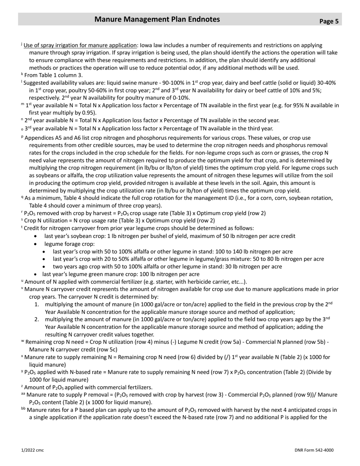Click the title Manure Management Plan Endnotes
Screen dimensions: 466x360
pos(157,19)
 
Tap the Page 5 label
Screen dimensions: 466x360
pos(329,21)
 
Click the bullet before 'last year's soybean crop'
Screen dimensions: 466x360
pos(36,236)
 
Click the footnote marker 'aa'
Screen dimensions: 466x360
pos(23,394)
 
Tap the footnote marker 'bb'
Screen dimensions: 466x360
pos(23,409)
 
